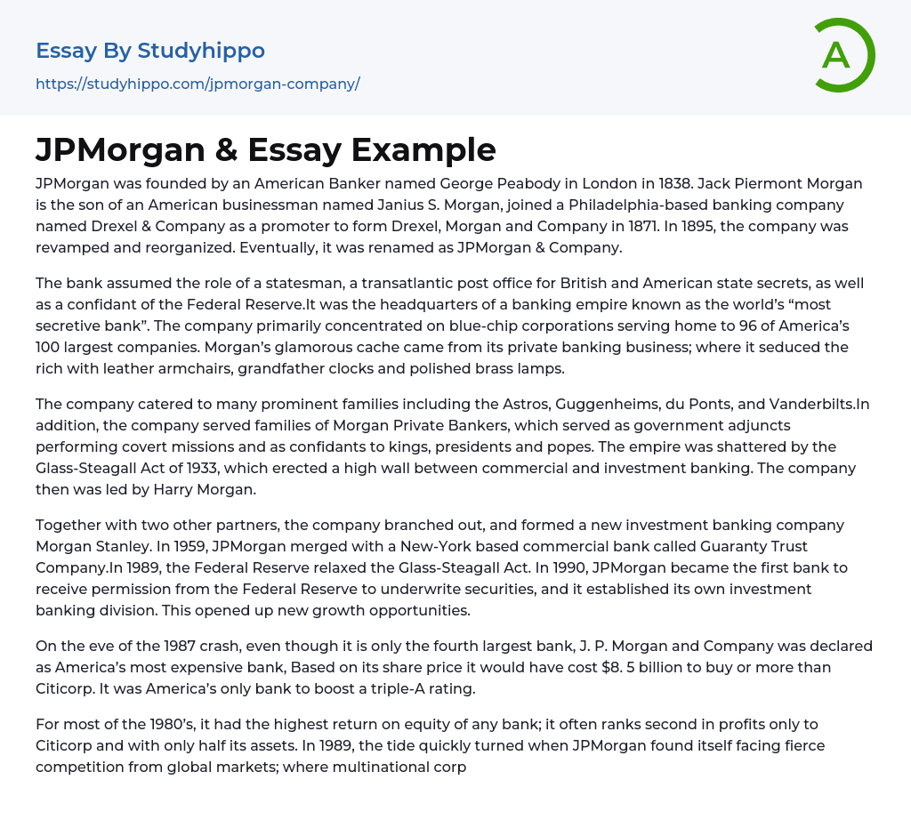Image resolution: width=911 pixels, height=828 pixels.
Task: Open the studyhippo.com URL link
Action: [198, 84]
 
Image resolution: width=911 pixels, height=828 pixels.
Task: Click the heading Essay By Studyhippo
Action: [150, 51]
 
